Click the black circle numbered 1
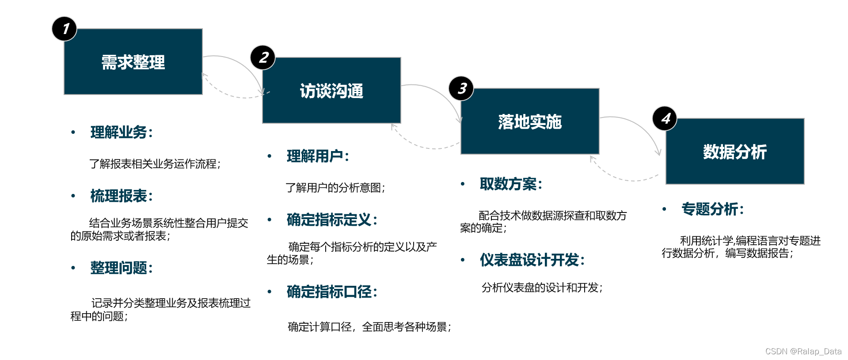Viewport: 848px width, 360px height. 65,29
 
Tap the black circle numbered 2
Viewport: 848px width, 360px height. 263,57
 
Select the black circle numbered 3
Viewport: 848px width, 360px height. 461,88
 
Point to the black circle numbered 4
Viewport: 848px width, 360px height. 665,118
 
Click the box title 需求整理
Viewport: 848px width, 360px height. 133,62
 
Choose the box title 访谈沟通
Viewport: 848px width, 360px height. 331,91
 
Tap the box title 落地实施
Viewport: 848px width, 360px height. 530,122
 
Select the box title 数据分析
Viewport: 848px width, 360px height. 735,152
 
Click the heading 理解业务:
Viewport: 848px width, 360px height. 122,133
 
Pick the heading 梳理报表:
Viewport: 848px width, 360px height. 122,196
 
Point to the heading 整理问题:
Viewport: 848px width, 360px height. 122,268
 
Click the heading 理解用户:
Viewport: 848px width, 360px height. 318,156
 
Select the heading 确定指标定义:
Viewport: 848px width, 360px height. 332,220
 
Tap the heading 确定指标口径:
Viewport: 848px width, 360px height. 332,292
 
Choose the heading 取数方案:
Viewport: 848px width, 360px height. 511,184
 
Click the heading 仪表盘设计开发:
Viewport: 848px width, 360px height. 532,260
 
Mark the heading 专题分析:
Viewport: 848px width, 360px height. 712,209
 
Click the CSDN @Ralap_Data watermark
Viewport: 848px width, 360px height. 803,352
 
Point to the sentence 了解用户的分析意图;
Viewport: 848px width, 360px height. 335,188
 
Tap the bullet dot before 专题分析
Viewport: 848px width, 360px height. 664,209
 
